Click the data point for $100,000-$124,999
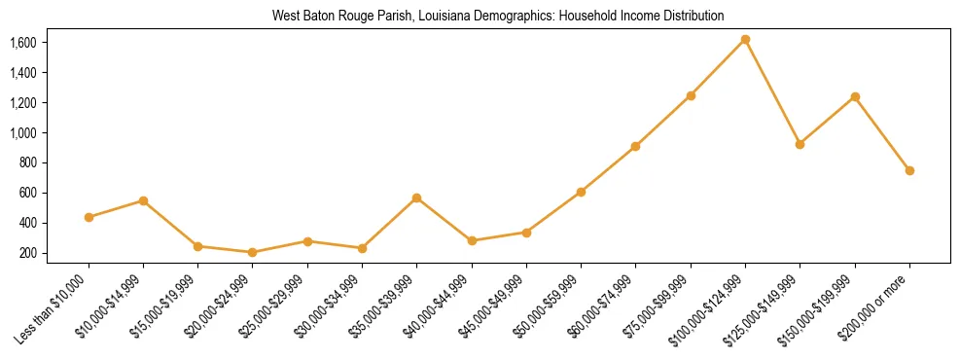[745, 40]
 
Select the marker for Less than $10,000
[89, 217]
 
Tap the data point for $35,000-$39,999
[416, 198]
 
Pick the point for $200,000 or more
[909, 170]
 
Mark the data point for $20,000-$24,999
[253, 252]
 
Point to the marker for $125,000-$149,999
[800, 144]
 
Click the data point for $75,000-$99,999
[691, 95]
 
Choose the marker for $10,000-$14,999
[143, 200]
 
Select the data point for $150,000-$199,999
[855, 96]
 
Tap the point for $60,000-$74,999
[635, 146]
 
